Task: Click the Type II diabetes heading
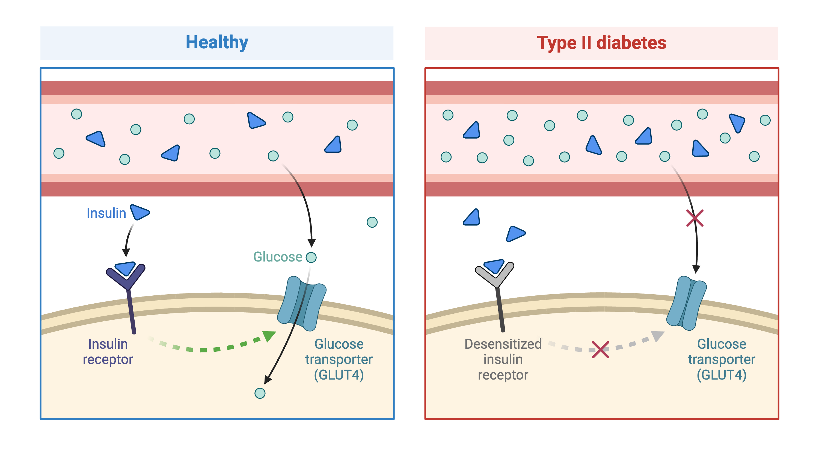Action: point(601,43)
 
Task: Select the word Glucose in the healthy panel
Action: point(277,257)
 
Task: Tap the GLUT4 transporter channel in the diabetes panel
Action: point(686,303)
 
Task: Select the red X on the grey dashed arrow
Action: point(600,349)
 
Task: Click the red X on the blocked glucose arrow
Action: point(694,218)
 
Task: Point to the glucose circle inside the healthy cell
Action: point(260,393)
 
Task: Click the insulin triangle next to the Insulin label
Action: point(140,212)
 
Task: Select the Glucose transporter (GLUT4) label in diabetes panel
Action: point(721,359)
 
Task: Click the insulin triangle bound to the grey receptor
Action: point(494,266)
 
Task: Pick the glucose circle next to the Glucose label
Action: point(311,257)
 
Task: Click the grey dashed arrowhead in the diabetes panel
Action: point(657,336)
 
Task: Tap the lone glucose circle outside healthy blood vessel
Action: point(372,222)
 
